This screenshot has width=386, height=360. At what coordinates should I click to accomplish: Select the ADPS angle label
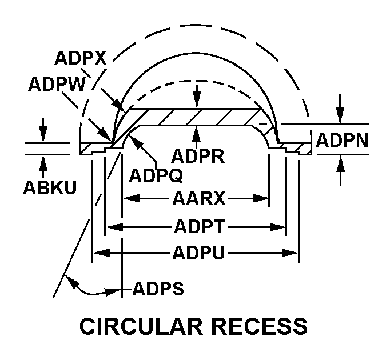(x=158, y=289)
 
